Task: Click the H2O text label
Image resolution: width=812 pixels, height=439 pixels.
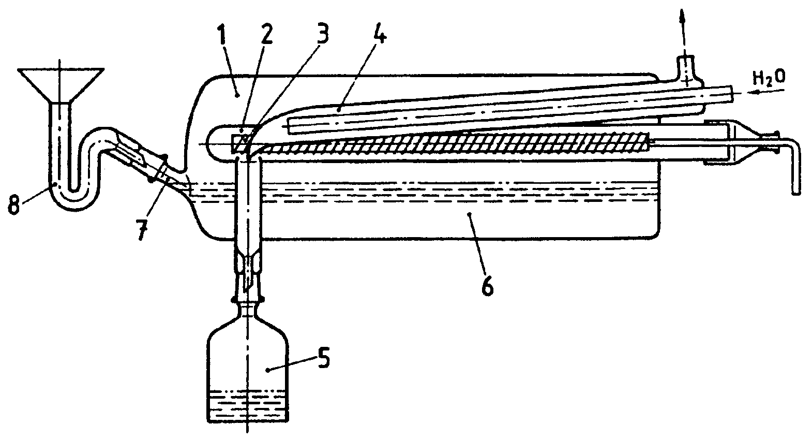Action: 769,78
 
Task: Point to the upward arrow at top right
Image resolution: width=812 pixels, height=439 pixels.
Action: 683,21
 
